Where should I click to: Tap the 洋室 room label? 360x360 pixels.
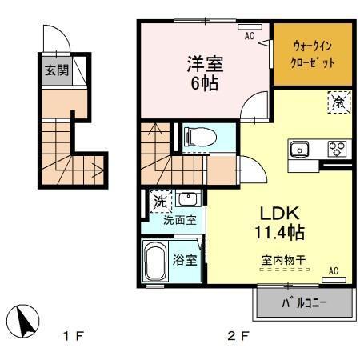205,62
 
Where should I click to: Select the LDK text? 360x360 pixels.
280,214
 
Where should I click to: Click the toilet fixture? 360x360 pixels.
195,137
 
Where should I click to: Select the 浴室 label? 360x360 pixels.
186,259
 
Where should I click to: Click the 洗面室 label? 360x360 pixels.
180,221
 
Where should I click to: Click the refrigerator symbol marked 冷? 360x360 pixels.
338,102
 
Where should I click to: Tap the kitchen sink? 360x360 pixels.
300,149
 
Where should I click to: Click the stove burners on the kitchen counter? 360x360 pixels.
337,149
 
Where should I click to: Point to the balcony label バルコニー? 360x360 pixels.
304,304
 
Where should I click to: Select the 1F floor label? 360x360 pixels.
73,337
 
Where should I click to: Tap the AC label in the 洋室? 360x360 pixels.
249,36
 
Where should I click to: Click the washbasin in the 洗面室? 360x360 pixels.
189,200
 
